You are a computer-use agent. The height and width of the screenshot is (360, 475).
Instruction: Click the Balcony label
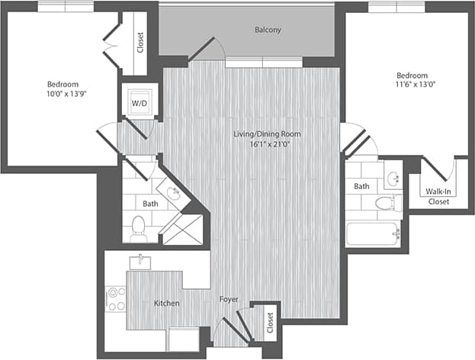[x=268, y=31]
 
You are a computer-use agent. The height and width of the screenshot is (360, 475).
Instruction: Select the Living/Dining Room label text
[x=267, y=134]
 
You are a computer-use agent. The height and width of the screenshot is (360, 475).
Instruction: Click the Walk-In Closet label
[x=437, y=197]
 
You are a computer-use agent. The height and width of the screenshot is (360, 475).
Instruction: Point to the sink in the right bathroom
[x=393, y=178]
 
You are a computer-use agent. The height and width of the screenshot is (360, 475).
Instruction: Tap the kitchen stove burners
[x=116, y=297]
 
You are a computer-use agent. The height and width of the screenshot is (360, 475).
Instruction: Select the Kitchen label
[x=167, y=304]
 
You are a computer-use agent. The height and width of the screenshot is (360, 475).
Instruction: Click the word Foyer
[x=229, y=299]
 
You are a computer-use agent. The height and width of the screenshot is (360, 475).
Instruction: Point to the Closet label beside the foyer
[x=269, y=323]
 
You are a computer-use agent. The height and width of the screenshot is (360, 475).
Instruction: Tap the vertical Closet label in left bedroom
[x=140, y=43]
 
